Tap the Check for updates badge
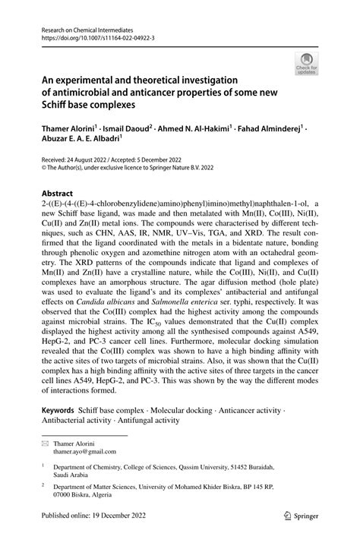coord(308,64)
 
